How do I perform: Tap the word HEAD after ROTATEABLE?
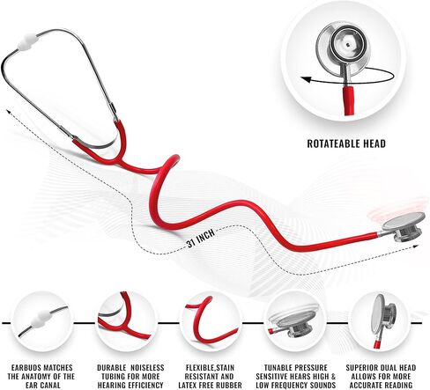pos(374,143)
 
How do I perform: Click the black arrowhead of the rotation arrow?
pos(306,79)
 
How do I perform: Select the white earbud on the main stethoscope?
pos(26,41)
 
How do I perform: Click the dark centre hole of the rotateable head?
pos(348,45)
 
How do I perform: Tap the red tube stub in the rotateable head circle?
pos(349,99)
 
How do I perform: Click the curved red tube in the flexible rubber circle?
pos(203,323)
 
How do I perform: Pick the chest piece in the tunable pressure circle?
pos(295,323)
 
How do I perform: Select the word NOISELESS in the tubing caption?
pos(147,368)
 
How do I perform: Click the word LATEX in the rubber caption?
pos(189,385)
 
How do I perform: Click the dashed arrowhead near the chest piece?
pos(414,247)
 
